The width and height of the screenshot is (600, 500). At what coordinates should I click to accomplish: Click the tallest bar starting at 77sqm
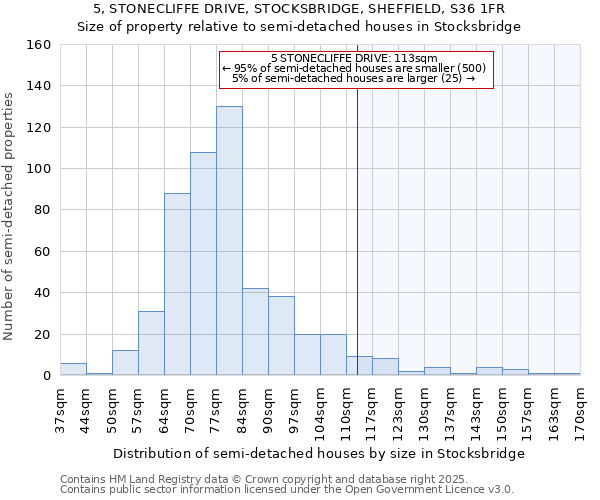pyautogui.click(x=229, y=241)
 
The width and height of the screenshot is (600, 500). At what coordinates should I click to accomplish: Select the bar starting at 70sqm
pyautogui.click(x=203, y=264)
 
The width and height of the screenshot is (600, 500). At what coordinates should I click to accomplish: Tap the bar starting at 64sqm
pyautogui.click(x=177, y=285)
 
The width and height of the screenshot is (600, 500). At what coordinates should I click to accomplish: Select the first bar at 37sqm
pyautogui.click(x=73, y=369)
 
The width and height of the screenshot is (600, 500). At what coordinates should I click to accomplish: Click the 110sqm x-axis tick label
pyautogui.click(x=346, y=408)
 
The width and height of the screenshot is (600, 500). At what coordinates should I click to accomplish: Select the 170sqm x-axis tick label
pyautogui.click(x=580, y=408)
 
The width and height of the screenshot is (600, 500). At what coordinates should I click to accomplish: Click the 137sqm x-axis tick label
pyautogui.click(x=450, y=408)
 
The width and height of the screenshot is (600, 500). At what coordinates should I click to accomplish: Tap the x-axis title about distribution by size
pyautogui.click(x=319, y=454)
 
